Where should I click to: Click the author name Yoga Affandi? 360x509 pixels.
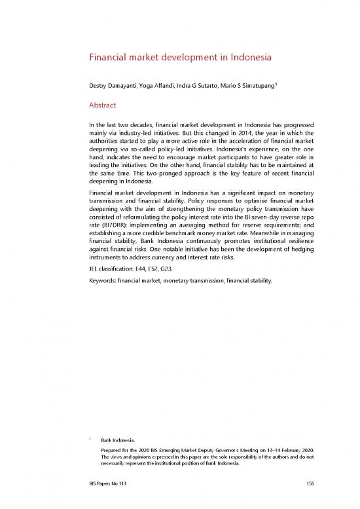[x=161, y=86]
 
